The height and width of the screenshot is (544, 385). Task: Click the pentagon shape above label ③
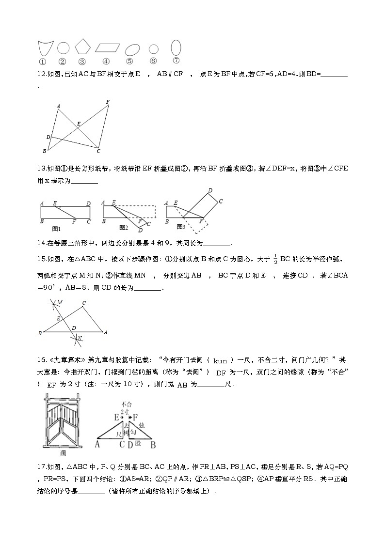point(82,47)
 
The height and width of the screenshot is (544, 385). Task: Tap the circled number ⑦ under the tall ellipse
point(176,61)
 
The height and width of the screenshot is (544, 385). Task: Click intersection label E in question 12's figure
point(79,124)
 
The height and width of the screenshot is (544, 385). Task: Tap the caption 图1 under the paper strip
point(56,228)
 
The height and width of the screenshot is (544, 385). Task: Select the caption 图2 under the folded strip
point(124,227)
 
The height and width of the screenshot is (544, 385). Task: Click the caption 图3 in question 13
point(181,227)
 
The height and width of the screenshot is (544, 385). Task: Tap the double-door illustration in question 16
point(63,422)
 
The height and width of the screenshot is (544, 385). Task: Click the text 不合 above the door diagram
point(127,404)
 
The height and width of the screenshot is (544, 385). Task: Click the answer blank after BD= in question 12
point(334,74)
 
